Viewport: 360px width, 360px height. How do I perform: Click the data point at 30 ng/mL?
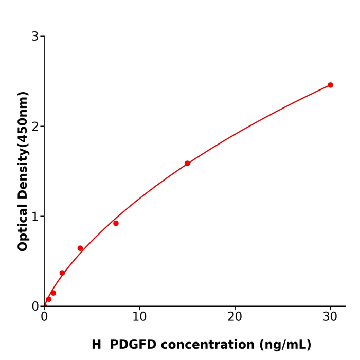pyautogui.click(x=330, y=85)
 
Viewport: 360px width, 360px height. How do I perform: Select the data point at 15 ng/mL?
pyautogui.click(x=187, y=164)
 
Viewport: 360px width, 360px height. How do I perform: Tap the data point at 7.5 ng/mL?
pyautogui.click(x=116, y=223)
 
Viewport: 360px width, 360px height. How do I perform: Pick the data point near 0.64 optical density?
pyautogui.click(x=80, y=248)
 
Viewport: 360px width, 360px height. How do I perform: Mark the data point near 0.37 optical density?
pyautogui.click(x=62, y=273)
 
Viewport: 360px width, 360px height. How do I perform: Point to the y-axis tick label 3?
pyautogui.click(x=35, y=37)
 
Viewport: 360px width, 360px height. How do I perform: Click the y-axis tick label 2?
pyautogui.click(x=35, y=127)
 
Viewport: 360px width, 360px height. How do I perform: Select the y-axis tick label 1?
pyautogui.click(x=35, y=217)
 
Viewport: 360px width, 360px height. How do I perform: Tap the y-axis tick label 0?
pyautogui.click(x=35, y=307)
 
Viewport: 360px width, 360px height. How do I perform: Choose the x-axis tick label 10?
pyautogui.click(x=139, y=317)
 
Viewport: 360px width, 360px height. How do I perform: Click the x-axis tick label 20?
pyautogui.click(x=235, y=317)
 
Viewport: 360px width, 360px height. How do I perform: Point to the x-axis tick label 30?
pyautogui.click(x=330, y=317)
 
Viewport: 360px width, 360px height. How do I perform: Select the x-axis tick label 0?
pyautogui.click(x=44, y=317)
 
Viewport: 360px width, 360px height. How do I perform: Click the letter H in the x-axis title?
pyautogui.click(x=97, y=345)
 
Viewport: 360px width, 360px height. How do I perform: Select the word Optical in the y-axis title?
pyautogui.click(x=23, y=227)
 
